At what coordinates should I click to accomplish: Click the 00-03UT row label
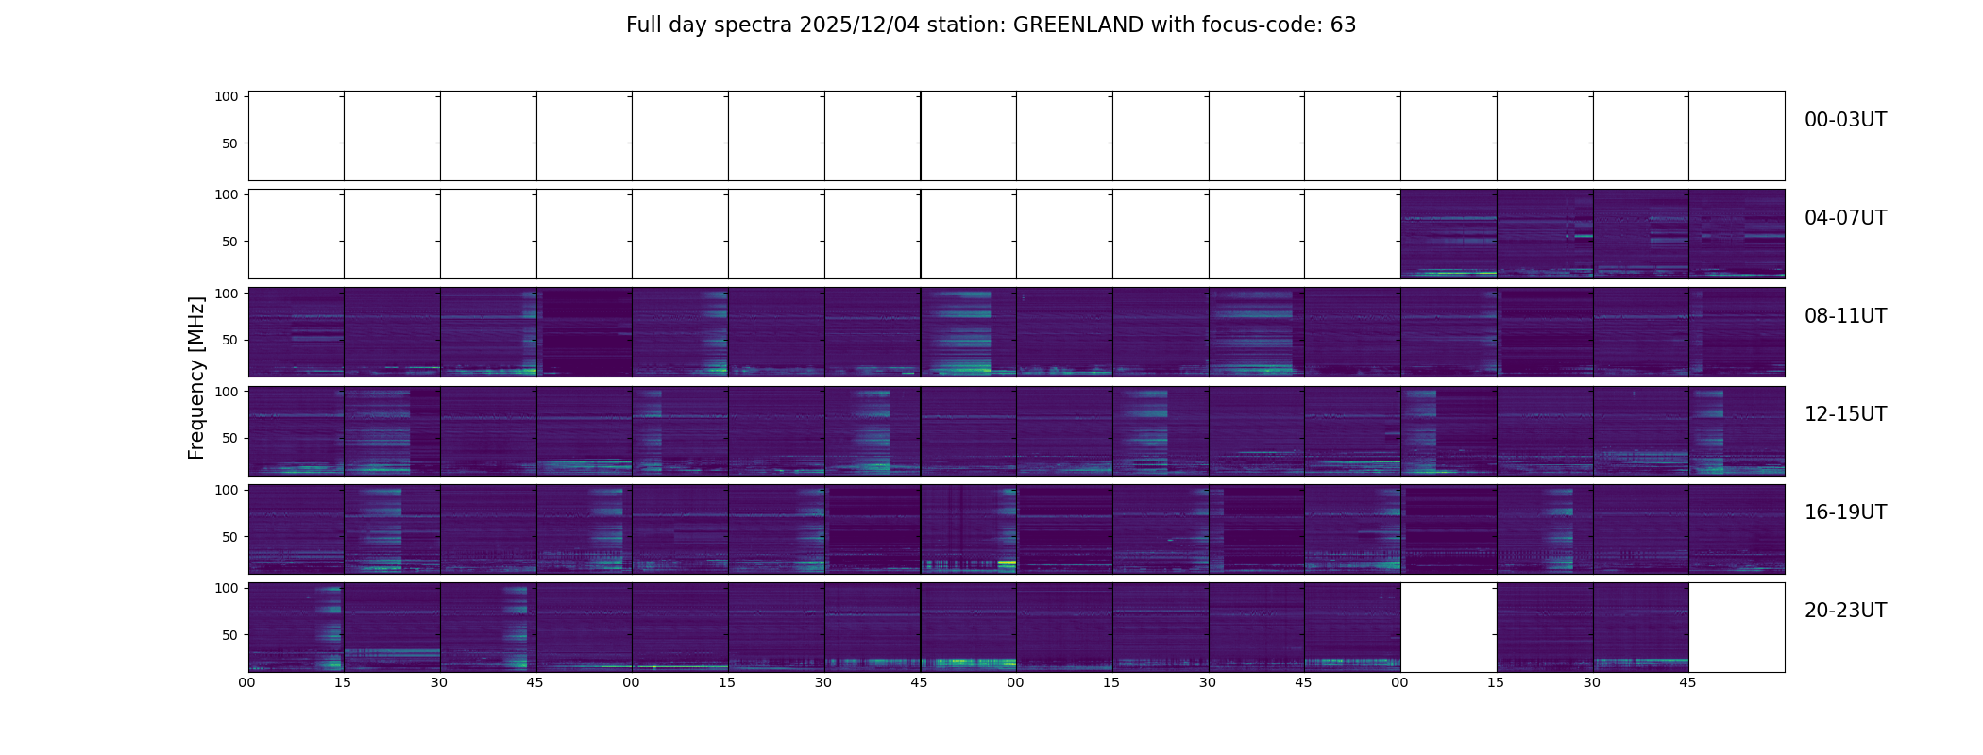tap(1845, 120)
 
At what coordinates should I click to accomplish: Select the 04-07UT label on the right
tap(1845, 218)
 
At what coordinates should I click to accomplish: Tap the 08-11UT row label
tap(1845, 316)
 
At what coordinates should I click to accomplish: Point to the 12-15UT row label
tap(1845, 414)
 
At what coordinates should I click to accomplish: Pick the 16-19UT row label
tap(1845, 512)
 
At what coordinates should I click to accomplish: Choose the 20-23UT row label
tap(1845, 611)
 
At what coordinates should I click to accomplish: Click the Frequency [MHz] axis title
tap(196, 377)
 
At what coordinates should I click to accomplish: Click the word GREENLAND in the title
tap(1078, 25)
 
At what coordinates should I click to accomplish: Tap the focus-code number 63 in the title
tap(1343, 25)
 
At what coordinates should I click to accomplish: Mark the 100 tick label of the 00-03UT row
tap(227, 96)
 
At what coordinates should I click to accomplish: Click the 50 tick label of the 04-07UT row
tap(229, 242)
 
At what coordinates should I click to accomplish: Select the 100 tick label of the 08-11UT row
tap(227, 293)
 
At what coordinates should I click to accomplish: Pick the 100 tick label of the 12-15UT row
tap(227, 391)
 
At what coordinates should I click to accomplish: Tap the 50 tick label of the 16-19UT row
tap(229, 536)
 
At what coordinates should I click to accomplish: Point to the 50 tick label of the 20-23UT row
tap(229, 634)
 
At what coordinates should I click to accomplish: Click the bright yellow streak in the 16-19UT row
tap(1007, 562)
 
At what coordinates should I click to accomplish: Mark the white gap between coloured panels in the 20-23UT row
tap(1449, 627)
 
